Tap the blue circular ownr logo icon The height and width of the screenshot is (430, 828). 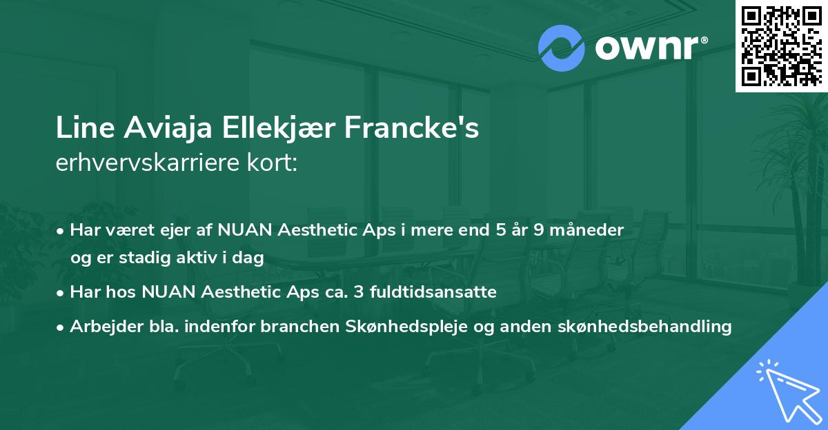[561, 48]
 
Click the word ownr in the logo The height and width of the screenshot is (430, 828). [649, 48]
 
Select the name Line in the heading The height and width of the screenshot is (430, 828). [78, 129]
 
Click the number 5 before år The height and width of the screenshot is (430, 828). [490, 230]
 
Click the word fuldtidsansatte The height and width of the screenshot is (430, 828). [428, 292]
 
